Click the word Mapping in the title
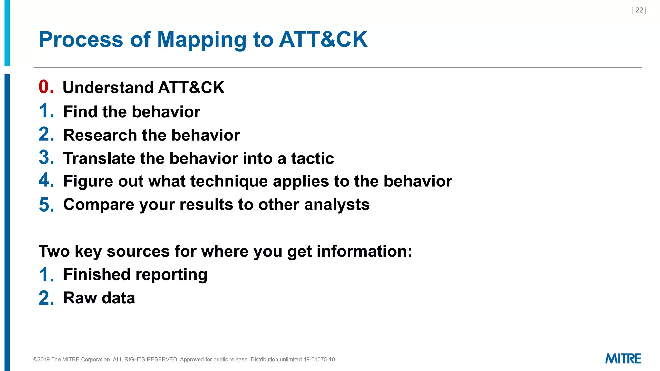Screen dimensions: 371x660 (x=201, y=40)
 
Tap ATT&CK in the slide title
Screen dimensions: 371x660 (x=323, y=40)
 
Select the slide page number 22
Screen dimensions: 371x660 (x=639, y=10)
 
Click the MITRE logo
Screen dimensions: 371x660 (x=623, y=358)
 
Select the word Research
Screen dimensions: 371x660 (x=100, y=135)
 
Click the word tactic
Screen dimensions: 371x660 (x=312, y=158)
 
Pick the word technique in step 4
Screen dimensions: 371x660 (x=229, y=182)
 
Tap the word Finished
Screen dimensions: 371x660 (x=97, y=275)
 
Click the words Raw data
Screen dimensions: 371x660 (x=99, y=298)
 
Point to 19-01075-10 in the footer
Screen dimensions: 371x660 (x=319, y=359)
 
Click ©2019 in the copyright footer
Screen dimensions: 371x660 (x=41, y=359)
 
